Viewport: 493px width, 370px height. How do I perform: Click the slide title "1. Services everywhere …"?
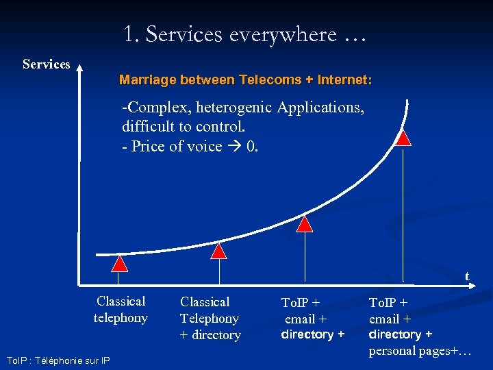[245, 34]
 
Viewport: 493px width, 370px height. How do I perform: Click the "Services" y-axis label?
[46, 64]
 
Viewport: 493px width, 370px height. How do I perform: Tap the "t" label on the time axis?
[467, 275]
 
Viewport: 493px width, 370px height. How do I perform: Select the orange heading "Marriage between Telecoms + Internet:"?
[246, 80]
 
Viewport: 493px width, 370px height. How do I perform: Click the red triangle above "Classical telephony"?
[120, 264]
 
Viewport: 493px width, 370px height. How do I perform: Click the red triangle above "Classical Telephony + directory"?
[218, 251]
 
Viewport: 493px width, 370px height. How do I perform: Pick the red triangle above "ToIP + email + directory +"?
[305, 223]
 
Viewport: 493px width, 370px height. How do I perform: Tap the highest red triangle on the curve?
[404, 138]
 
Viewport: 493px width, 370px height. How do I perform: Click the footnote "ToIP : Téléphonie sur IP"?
[58, 360]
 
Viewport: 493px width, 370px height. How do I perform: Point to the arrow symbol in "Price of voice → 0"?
[234, 147]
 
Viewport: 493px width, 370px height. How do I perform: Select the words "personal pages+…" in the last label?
[420, 351]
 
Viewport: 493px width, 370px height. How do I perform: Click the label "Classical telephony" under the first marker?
[121, 310]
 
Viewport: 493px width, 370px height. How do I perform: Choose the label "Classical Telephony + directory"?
[210, 318]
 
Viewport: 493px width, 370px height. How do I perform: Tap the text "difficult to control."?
[183, 127]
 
